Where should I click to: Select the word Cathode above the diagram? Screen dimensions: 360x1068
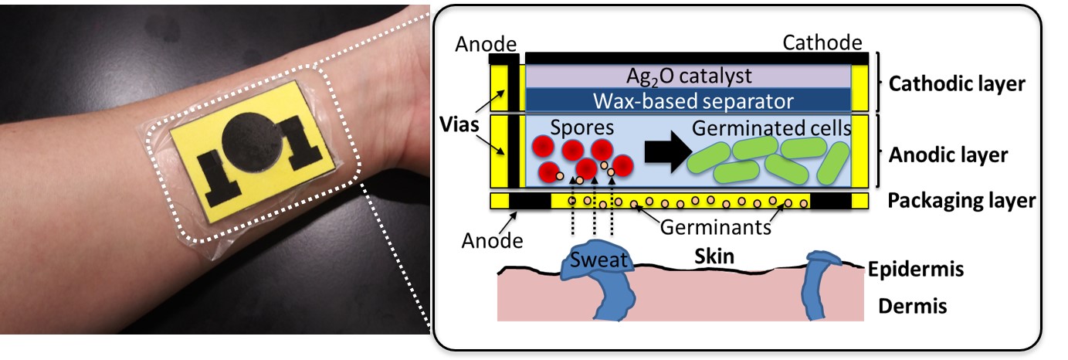tap(822, 42)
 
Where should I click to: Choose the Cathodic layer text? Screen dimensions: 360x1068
tap(957, 83)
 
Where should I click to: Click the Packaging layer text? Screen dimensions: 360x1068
tap(961, 201)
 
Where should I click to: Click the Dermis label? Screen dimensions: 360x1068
tap(912, 307)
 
